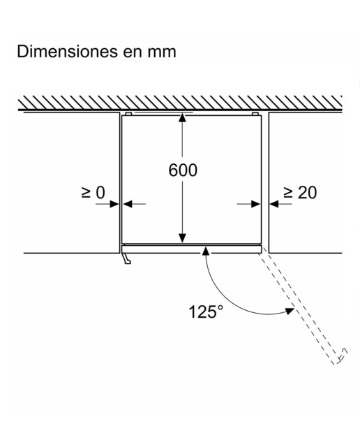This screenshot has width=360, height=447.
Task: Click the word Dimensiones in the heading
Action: coord(67,52)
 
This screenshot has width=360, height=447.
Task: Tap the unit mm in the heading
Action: coord(162,53)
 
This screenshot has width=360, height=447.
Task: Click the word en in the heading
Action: coord(133,53)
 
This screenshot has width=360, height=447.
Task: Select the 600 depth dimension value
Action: coord(183,170)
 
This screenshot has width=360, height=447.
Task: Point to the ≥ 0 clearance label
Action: coord(93,193)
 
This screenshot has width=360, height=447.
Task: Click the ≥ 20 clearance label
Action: coord(300,193)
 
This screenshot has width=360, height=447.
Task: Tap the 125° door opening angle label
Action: coord(206,312)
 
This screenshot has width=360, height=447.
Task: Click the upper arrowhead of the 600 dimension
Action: coord(182,118)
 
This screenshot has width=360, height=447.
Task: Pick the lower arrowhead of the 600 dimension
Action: coord(182,238)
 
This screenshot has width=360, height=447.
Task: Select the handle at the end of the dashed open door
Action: coord(342,356)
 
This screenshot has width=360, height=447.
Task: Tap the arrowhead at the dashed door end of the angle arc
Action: coord(290,311)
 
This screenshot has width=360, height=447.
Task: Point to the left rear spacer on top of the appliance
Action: coord(128,114)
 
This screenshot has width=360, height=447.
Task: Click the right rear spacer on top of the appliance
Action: coord(255,114)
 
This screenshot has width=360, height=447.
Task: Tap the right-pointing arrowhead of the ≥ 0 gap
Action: coord(114,204)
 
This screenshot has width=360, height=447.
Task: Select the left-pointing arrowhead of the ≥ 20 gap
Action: coord(274,204)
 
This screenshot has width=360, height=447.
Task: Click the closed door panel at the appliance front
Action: coord(191,249)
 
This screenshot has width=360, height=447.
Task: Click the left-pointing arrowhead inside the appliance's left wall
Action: coord(127,204)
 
